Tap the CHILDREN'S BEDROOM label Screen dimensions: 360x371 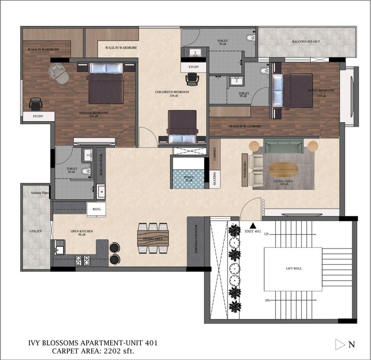(167, 92)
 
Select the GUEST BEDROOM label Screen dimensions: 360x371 (321, 91)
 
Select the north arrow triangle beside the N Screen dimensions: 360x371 (340, 344)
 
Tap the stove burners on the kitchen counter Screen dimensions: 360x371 (82, 259)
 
